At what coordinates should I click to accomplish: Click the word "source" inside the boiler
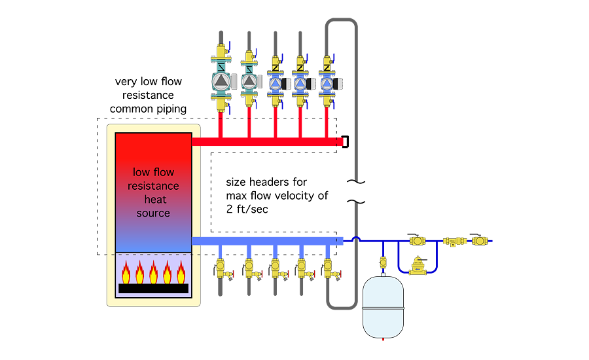(x=153, y=213)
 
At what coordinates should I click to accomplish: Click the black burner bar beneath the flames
(x=153, y=288)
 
